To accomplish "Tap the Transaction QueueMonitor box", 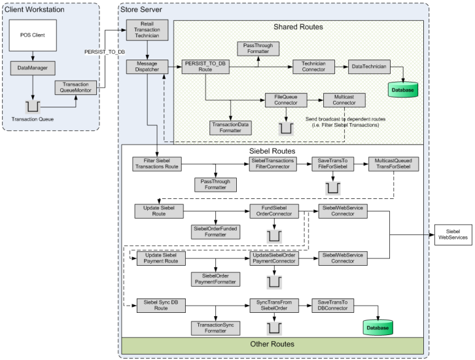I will [x=77, y=88].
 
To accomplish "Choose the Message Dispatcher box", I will [x=147, y=67].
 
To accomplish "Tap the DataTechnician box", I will [x=369, y=67].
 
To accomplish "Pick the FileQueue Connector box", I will [x=286, y=100].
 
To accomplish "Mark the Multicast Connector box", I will [x=343, y=100].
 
